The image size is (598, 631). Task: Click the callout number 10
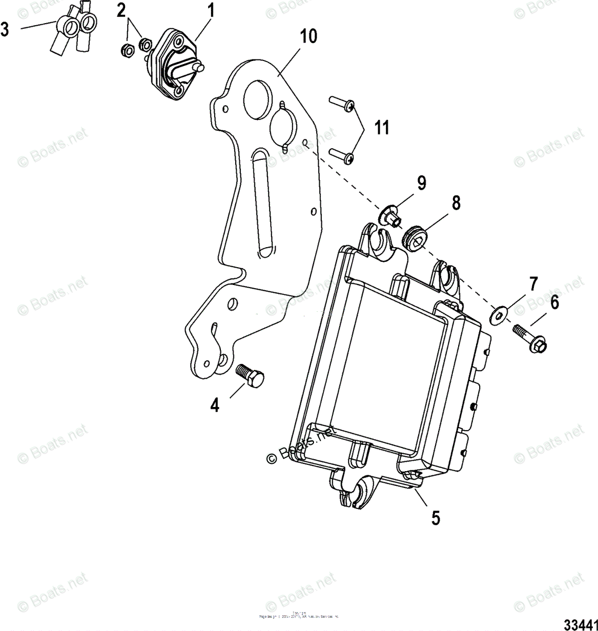(309, 37)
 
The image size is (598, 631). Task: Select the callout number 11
(382, 127)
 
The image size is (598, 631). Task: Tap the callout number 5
(435, 517)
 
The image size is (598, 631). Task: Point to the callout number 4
(215, 405)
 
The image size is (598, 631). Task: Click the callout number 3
(5, 29)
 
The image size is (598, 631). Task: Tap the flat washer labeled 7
(497, 313)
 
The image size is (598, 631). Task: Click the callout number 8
(455, 203)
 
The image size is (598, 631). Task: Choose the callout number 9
(421, 183)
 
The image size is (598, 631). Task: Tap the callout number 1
(210, 11)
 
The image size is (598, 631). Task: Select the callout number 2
(121, 11)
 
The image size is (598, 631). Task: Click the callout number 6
(554, 303)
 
